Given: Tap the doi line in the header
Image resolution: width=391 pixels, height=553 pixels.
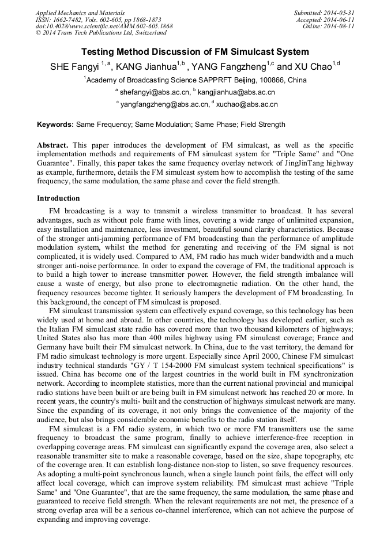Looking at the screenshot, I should click(104, 26).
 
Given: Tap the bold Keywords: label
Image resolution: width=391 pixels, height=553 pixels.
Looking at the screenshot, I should click(55, 124).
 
